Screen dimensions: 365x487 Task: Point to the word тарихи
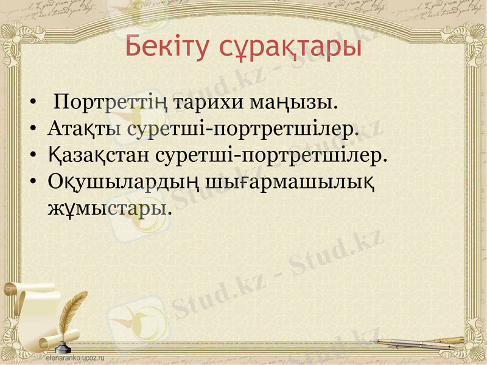coord(208,101)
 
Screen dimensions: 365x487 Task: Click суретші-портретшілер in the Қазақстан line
coord(272,155)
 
